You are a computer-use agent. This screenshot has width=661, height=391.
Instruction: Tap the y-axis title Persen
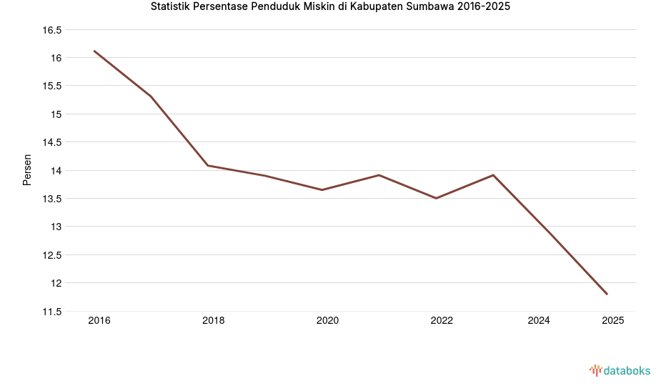(27, 169)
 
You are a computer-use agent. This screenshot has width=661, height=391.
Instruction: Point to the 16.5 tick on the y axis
(52, 30)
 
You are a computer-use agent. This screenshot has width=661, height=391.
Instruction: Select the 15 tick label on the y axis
(56, 114)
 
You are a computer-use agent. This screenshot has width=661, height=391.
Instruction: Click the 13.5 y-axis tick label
(52, 199)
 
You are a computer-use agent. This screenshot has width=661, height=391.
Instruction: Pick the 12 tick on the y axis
(56, 283)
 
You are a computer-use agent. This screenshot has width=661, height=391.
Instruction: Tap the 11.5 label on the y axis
(52, 312)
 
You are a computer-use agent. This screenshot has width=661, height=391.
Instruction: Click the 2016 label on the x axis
(99, 321)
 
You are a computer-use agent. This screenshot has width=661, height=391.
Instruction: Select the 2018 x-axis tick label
(213, 321)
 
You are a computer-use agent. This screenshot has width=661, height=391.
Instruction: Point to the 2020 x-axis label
(327, 321)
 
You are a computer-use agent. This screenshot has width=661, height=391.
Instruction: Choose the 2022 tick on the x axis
(442, 321)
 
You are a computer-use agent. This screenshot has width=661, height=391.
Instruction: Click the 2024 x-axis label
(539, 321)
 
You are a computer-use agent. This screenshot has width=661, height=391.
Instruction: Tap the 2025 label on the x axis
(612, 321)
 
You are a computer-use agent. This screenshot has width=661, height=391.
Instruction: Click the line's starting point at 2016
(94, 51)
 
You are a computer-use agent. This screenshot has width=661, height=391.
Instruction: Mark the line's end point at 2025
(607, 294)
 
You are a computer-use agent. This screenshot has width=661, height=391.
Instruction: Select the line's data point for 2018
(208, 166)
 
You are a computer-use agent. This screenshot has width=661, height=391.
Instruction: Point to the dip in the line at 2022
(436, 198)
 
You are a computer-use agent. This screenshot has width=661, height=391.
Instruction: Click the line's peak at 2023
(493, 175)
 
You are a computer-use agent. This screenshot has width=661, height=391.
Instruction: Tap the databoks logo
(620, 370)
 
